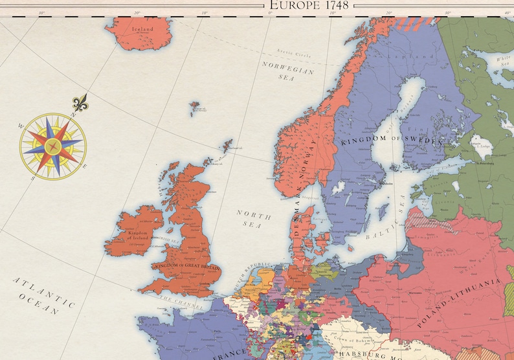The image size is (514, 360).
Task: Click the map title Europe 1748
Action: [308, 5]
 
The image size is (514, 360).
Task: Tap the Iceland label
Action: [142, 29]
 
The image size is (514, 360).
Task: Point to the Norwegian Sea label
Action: [288, 71]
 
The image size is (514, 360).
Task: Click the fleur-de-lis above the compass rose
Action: [80, 103]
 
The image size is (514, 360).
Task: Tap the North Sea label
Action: [249, 219]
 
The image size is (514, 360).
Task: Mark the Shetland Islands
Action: [226, 146]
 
